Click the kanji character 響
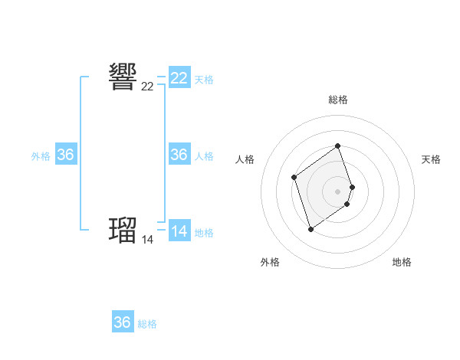tap(123, 77)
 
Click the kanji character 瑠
tap(123, 229)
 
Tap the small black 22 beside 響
tap(147, 87)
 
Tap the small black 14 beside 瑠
tap(147, 240)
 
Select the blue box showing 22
tap(179, 78)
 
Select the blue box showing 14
tap(179, 231)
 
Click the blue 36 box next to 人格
tap(179, 155)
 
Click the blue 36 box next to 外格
tap(66, 155)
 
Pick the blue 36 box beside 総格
tap(123, 322)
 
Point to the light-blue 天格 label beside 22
tap(204, 80)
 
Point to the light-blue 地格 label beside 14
tap(204, 233)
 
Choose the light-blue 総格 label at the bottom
tap(147, 325)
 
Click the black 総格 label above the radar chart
tap(338, 100)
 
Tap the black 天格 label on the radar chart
tap(432, 159)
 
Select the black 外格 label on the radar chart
tap(270, 262)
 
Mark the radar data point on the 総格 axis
tap(338, 146)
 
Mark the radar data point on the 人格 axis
tap(294, 178)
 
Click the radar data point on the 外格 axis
tap(310, 229)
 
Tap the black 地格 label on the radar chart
tap(402, 262)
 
